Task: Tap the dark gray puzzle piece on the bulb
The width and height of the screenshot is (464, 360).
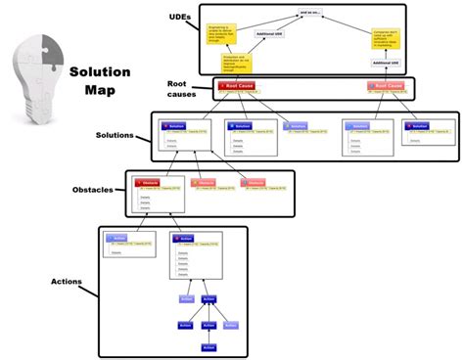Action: pyautogui.click(x=45, y=55)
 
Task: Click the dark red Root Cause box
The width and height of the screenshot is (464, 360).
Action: pyautogui.click(x=240, y=86)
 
